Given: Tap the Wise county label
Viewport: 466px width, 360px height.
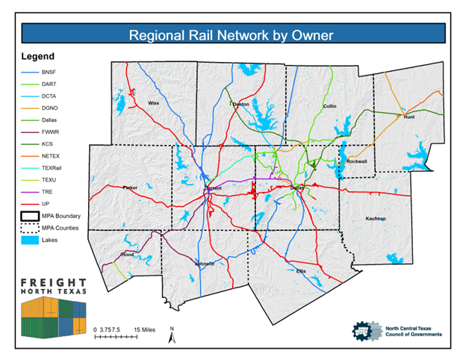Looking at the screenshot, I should click(154, 103).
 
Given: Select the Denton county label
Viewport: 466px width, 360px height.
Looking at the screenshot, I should click(240, 104).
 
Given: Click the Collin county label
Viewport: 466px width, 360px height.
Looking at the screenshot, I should click(329, 106).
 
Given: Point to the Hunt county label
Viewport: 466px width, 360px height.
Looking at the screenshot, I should click(408, 117).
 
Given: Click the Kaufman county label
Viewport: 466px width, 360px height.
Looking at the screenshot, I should click(376, 219).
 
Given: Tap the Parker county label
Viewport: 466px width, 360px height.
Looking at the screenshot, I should click(131, 187).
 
